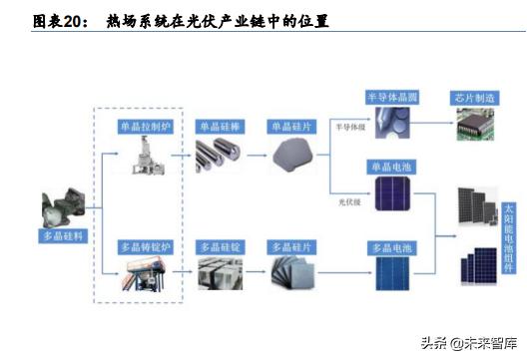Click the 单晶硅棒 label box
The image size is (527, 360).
pyautogui.click(x=218, y=127)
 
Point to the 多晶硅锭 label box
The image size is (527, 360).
pyautogui.click(x=219, y=245)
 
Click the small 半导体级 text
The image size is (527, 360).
pyautogui.click(x=349, y=128)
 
